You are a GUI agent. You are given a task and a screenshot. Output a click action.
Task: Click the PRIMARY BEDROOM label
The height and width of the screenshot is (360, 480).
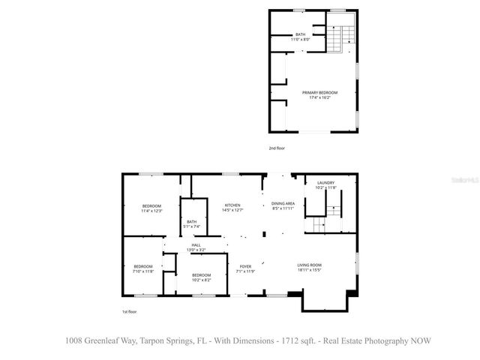point(320,92)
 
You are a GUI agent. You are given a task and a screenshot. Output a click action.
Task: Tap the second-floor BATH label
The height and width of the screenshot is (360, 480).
point(300,34)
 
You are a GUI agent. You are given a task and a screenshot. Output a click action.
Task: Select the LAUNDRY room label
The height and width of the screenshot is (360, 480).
point(325,182)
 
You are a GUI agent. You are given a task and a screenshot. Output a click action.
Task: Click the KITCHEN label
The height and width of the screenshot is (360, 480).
point(232,205)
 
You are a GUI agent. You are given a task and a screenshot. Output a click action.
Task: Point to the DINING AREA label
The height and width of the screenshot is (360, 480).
point(283,203)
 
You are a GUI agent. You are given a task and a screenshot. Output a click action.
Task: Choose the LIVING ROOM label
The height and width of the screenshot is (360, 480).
point(310,265)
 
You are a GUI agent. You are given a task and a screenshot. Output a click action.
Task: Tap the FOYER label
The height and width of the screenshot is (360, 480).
point(245,266)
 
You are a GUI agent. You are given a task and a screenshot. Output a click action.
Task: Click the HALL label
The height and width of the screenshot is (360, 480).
point(196,244)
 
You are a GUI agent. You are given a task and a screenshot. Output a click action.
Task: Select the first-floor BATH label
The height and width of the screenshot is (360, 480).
point(192,221)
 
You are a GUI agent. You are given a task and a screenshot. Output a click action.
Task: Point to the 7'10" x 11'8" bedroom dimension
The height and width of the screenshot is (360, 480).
point(143,271)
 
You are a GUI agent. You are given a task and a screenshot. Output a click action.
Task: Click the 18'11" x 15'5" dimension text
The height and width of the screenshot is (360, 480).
point(310,270)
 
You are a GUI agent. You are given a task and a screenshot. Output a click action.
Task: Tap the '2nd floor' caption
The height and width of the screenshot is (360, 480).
point(277,148)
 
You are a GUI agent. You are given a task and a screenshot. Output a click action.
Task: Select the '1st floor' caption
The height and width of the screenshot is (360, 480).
point(130,310)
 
